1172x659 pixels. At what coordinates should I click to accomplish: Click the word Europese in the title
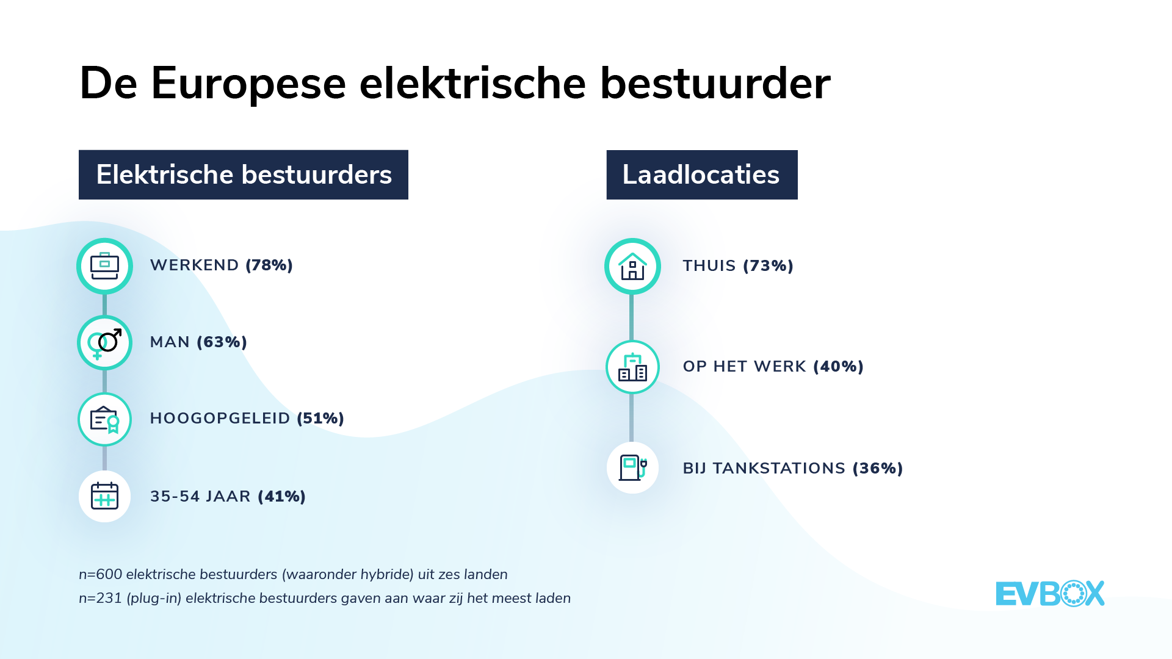click(248, 84)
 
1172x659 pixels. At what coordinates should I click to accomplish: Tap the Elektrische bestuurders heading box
click(244, 175)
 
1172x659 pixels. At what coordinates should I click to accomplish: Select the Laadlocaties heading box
click(702, 175)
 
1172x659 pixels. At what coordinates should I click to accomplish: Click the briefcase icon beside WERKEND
click(104, 266)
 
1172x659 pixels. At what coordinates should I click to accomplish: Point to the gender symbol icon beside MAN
click(104, 343)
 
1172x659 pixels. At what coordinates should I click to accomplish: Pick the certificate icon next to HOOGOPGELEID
click(104, 420)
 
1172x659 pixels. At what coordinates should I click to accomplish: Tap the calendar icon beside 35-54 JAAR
click(104, 496)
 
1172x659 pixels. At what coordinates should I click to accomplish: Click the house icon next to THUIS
click(632, 267)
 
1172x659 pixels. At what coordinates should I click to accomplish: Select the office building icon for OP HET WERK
click(632, 367)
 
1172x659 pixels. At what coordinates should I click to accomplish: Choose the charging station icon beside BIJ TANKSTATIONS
click(632, 468)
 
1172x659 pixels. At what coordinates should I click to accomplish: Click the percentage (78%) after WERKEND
click(269, 265)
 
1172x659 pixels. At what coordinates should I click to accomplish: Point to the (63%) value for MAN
click(222, 342)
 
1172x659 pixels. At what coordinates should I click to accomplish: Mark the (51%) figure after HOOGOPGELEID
click(320, 419)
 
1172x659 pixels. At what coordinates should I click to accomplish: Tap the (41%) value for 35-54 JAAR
click(281, 497)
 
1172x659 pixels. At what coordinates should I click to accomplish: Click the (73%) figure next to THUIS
click(768, 266)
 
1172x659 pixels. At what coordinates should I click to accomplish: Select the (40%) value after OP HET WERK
click(838, 367)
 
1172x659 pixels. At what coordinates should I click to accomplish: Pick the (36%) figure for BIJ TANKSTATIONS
click(878, 469)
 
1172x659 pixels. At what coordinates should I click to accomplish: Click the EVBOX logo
click(1050, 594)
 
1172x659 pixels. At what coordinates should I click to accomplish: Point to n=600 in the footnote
click(101, 575)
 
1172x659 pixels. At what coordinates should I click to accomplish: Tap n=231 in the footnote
click(101, 599)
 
